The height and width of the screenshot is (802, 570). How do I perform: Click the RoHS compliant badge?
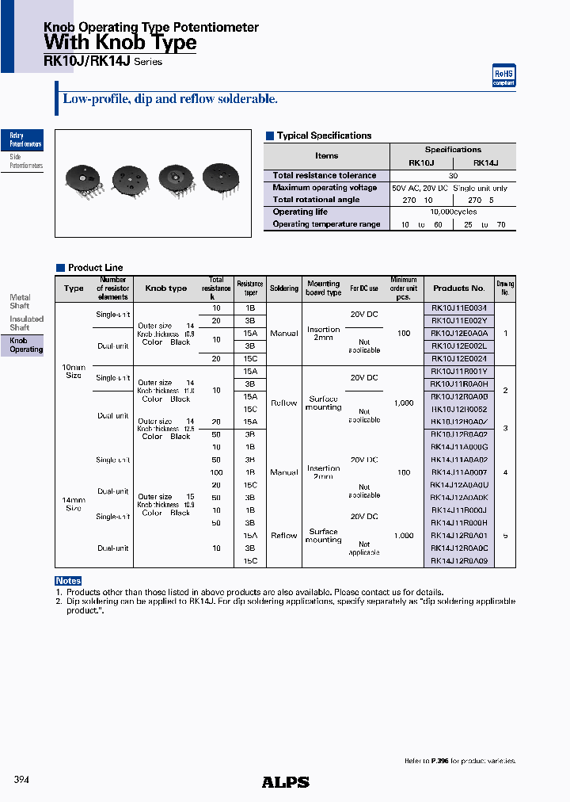click(504, 76)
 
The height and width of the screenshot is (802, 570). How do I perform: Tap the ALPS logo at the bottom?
click(285, 782)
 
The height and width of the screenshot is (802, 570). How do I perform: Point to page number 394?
click(22, 780)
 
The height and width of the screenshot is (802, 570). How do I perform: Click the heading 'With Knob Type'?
click(120, 43)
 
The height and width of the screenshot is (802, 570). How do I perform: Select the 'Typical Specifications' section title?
click(324, 136)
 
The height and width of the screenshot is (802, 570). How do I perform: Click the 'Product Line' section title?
click(95, 268)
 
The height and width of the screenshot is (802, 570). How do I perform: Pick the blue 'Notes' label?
click(69, 581)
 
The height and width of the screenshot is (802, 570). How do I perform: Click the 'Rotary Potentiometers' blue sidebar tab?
click(23, 140)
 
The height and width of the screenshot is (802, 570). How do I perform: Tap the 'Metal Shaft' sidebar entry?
click(20, 301)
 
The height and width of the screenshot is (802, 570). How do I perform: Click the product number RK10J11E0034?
click(459, 307)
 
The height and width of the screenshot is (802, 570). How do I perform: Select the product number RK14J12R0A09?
click(459, 561)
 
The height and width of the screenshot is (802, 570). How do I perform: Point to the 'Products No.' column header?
click(459, 288)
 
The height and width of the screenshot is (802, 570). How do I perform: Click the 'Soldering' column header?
click(284, 288)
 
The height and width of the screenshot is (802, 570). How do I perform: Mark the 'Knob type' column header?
click(166, 288)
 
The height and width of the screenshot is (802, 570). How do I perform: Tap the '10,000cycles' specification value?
click(453, 212)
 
